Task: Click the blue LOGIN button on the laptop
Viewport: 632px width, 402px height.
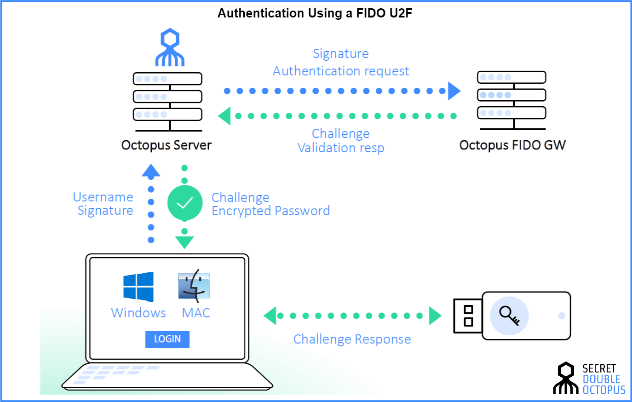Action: (167, 339)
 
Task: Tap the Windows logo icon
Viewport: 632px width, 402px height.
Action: (138, 287)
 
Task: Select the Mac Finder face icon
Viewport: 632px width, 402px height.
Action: (194, 286)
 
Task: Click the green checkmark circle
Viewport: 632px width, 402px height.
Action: (185, 203)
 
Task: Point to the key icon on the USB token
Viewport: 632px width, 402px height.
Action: (509, 316)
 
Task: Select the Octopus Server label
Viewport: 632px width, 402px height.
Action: (167, 145)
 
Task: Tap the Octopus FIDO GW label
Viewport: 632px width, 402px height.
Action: (512, 145)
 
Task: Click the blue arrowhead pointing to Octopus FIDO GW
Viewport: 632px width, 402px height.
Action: (454, 91)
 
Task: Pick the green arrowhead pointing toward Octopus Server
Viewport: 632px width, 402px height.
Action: (224, 116)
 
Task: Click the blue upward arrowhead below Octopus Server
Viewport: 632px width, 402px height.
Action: (151, 171)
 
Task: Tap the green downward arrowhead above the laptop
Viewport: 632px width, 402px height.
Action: (184, 242)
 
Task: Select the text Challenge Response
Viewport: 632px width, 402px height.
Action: (352, 339)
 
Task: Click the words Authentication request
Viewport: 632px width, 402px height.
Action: (341, 71)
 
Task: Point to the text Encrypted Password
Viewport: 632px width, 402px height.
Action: (270, 211)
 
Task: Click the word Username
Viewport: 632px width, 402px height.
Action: (103, 197)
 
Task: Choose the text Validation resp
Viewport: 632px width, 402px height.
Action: (341, 148)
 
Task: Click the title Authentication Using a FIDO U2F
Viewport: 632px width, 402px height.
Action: (315, 13)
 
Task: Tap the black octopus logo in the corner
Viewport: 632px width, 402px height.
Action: (565, 379)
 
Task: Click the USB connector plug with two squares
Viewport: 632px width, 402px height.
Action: (468, 316)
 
